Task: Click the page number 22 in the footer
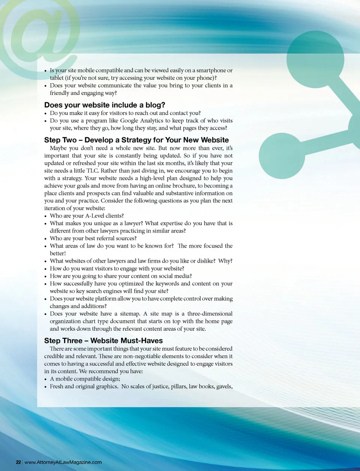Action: (18, 462)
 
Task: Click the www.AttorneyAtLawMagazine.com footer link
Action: (63, 462)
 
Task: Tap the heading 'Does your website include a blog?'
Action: (105, 105)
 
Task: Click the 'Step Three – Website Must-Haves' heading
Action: (103, 341)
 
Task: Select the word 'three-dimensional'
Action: (210, 314)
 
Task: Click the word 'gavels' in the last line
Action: (224, 387)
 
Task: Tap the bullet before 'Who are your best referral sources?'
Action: (45, 239)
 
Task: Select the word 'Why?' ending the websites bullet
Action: (225, 261)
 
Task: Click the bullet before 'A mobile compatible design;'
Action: (45, 379)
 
